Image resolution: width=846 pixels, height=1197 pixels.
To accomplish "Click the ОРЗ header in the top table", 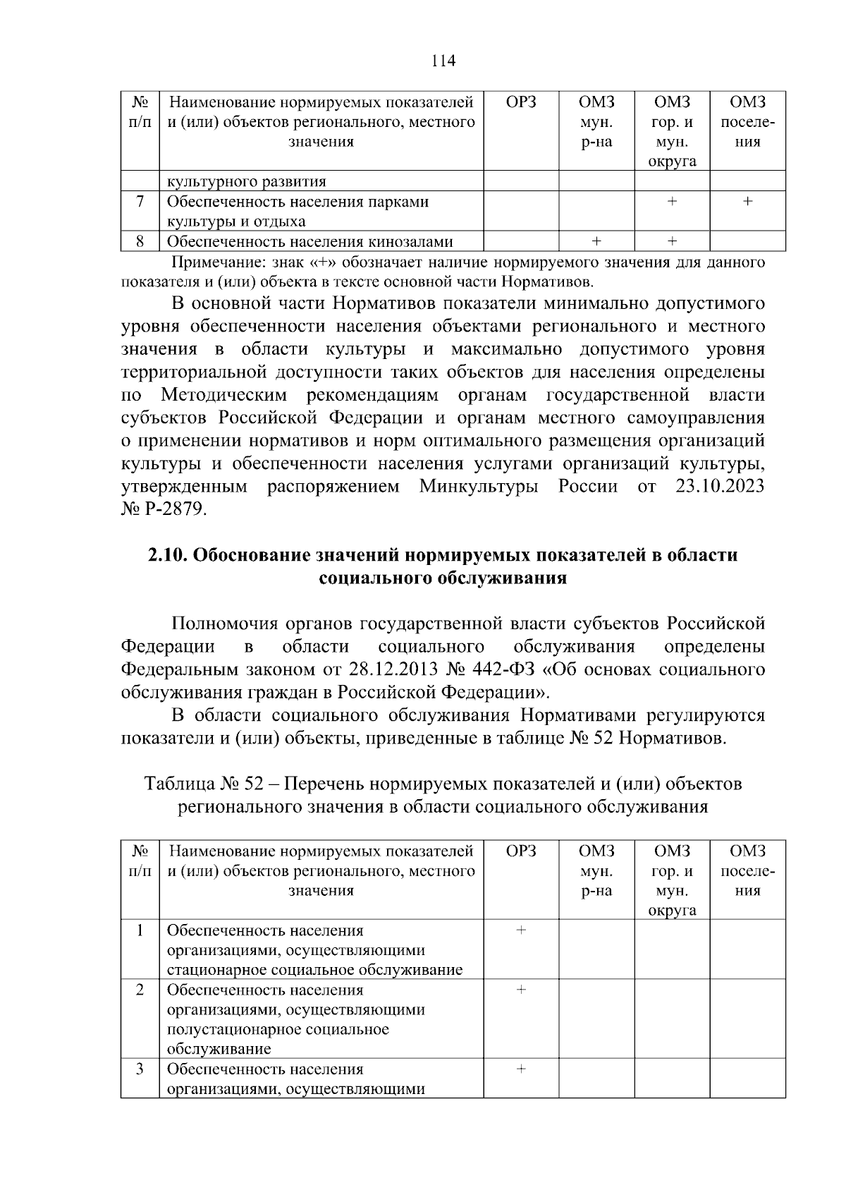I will coord(521,102).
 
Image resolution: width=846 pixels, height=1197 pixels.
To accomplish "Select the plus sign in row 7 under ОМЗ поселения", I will coord(747,202).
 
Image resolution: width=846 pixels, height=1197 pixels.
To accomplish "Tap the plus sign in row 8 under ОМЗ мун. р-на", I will coord(596,241).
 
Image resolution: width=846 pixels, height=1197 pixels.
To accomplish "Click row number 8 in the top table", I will coord(140,241).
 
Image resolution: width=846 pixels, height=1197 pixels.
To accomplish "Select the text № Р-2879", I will coord(164,510).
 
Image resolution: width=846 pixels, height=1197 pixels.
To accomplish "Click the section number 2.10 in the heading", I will coord(167,555).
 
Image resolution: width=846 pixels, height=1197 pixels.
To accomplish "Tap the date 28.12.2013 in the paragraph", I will coord(390,669).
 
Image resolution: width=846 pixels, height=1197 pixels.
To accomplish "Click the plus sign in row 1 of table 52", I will coord(521,930).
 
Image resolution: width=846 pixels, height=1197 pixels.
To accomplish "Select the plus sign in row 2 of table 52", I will coord(521,990).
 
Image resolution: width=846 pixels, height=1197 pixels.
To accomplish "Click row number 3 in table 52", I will coord(140,1069).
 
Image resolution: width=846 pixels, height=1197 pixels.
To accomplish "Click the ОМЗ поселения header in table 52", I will coord(747,870).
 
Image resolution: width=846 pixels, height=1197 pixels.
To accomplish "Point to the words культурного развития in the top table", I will coord(246,181).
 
